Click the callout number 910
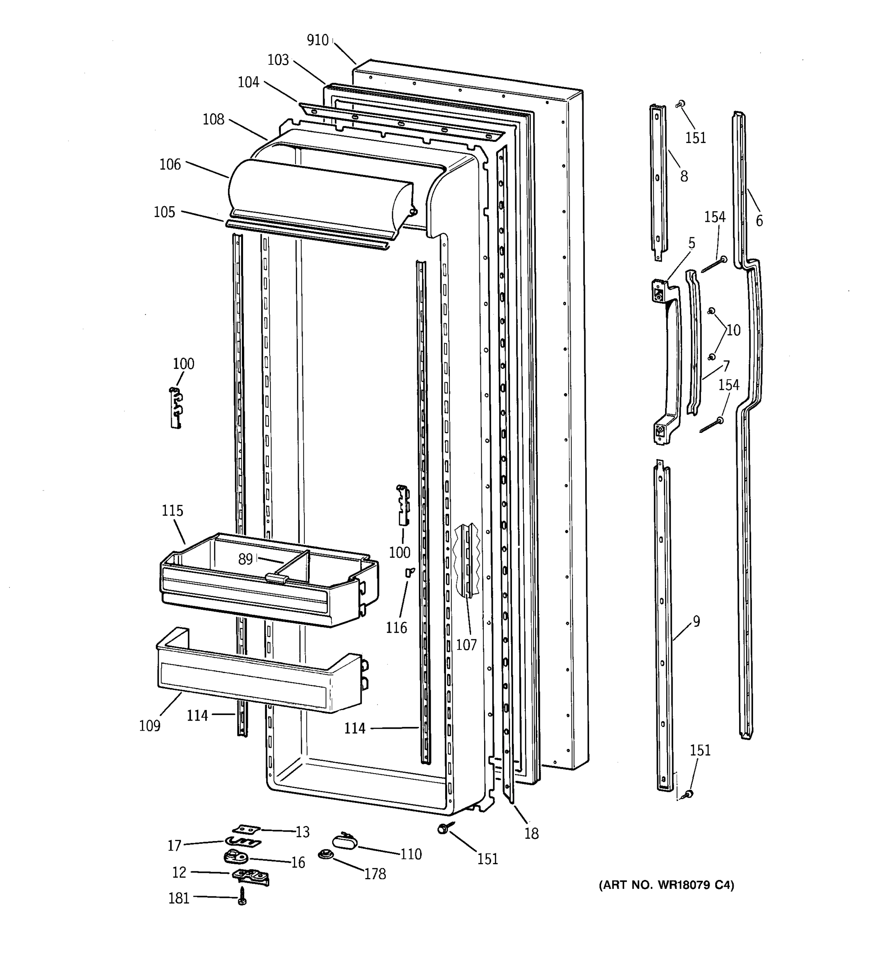point(317,40)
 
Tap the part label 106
point(170,164)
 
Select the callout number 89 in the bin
point(245,559)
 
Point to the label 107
point(466,644)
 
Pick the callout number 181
point(179,898)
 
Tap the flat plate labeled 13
point(246,829)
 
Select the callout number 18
point(531,834)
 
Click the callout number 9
point(696,621)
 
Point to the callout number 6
point(759,221)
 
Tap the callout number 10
point(733,330)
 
